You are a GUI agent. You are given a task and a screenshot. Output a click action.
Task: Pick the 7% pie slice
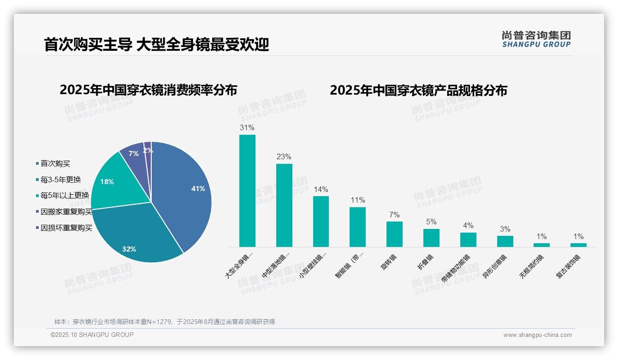[134, 155]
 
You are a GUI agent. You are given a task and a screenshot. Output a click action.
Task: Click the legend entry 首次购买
[55, 164]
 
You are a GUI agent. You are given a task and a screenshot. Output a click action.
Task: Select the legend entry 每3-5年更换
[60, 180]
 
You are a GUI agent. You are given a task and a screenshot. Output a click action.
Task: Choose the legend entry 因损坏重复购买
[66, 228]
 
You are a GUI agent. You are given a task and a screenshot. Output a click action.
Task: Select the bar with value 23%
[284, 205]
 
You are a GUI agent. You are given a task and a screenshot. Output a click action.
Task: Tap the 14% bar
[321, 222]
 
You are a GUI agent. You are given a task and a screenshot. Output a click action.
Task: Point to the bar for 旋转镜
[394, 234]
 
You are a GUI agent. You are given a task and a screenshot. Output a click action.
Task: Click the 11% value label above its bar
[357, 200]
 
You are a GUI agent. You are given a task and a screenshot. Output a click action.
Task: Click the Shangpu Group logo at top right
[536, 39]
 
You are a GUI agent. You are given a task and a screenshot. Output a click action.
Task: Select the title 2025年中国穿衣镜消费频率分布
[148, 90]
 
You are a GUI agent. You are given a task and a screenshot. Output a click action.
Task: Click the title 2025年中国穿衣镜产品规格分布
[418, 90]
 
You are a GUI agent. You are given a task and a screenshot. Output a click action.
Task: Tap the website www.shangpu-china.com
[537, 335]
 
